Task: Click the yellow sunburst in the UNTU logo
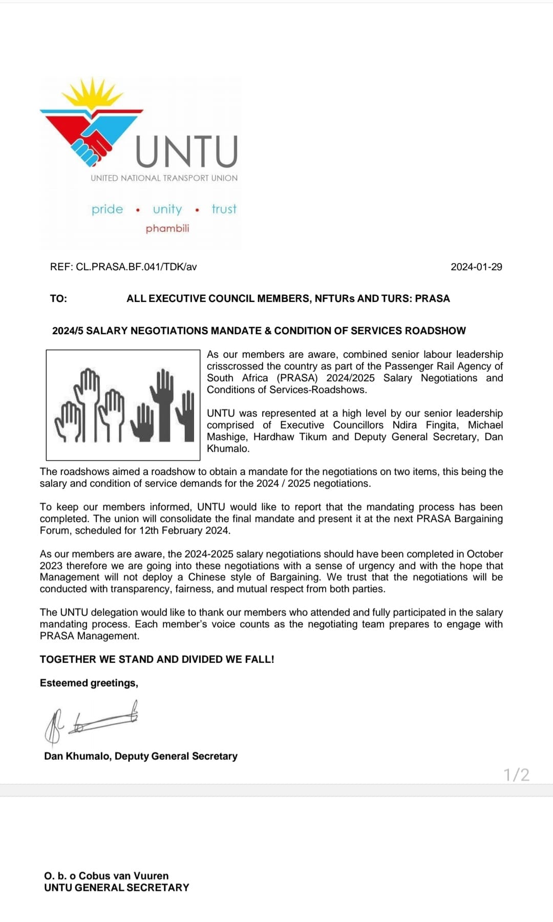(93, 95)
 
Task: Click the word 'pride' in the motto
(107, 209)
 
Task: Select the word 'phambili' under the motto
(167, 228)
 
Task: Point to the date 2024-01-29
(476, 267)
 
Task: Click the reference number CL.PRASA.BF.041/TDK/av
(136, 267)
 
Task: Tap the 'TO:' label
(58, 298)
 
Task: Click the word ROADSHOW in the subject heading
(435, 331)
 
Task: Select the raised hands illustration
(123, 405)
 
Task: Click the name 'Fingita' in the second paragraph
(442, 425)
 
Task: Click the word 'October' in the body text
(484, 554)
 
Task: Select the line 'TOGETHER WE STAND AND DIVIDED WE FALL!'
(157, 659)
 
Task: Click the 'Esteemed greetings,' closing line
(89, 683)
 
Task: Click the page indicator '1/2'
(516, 775)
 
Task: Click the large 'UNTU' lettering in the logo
(187, 152)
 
